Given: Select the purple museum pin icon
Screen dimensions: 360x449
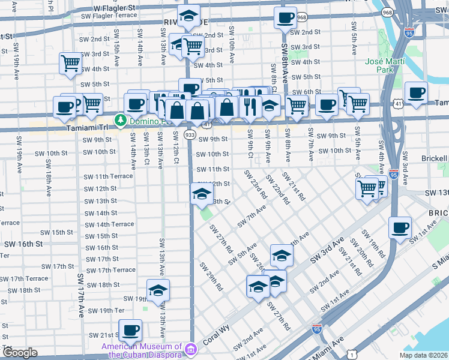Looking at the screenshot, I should [190, 349].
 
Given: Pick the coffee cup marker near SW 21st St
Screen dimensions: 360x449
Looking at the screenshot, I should [130, 331].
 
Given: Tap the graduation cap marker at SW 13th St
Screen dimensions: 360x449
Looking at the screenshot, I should [202, 194].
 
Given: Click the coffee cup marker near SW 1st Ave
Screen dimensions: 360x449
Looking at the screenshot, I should [400, 229].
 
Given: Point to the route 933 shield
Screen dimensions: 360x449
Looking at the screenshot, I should [190, 135].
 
